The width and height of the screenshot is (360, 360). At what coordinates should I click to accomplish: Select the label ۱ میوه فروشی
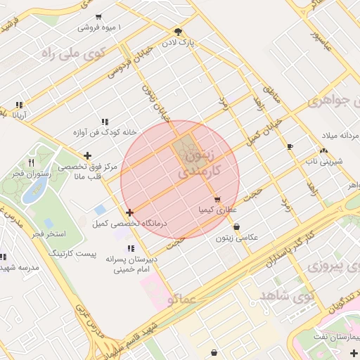[99, 27]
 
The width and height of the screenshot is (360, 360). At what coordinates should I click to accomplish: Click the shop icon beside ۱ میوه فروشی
[98, 16]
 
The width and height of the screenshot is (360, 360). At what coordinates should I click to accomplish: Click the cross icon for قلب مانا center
[87, 155]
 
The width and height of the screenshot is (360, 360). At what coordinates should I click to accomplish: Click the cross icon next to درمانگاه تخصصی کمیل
[129, 212]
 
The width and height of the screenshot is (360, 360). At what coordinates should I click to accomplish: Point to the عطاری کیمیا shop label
[218, 210]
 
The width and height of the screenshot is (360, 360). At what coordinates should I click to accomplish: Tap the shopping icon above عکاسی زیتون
[236, 227]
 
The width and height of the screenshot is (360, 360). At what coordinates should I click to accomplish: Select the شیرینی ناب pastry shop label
[323, 161]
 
